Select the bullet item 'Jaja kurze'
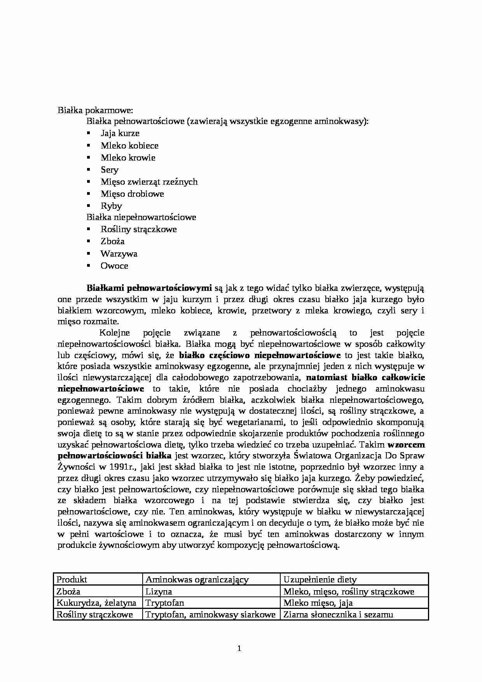tap(120, 133)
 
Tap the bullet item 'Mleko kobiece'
tap(129, 146)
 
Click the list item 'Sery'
tap(109, 170)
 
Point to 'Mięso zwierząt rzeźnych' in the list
tap(149, 182)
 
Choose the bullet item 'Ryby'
tap(111, 206)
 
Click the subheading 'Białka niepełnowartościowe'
tap(141, 217)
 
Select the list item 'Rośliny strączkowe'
tap(138, 229)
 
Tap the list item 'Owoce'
tap(114, 266)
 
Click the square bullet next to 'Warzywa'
tap(89, 254)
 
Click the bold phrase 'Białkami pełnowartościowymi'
tap(149, 289)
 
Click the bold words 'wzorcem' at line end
tap(406, 444)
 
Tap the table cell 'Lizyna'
tap(159, 592)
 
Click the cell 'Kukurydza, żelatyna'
tap(96, 603)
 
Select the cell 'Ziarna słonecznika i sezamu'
tap(338, 615)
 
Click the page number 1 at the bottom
tap(239, 649)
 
